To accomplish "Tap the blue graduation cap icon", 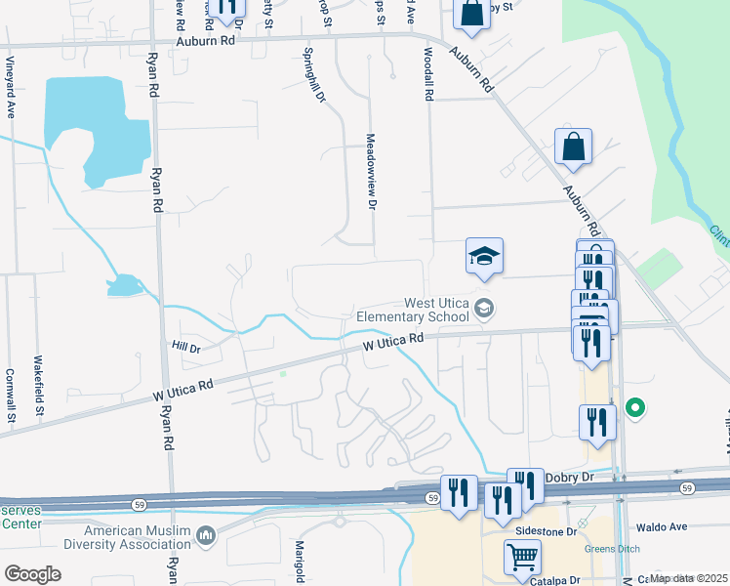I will [x=484, y=257].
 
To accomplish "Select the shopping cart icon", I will [x=522, y=558].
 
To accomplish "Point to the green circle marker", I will [x=635, y=408].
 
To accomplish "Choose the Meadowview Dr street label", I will [x=371, y=171].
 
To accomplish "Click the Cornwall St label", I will [x=10, y=396].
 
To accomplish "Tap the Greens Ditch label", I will [x=611, y=548].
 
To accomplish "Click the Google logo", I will [x=33, y=573].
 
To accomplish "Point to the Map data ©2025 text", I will [x=689, y=577].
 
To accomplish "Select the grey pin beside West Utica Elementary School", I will [x=483, y=310].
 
